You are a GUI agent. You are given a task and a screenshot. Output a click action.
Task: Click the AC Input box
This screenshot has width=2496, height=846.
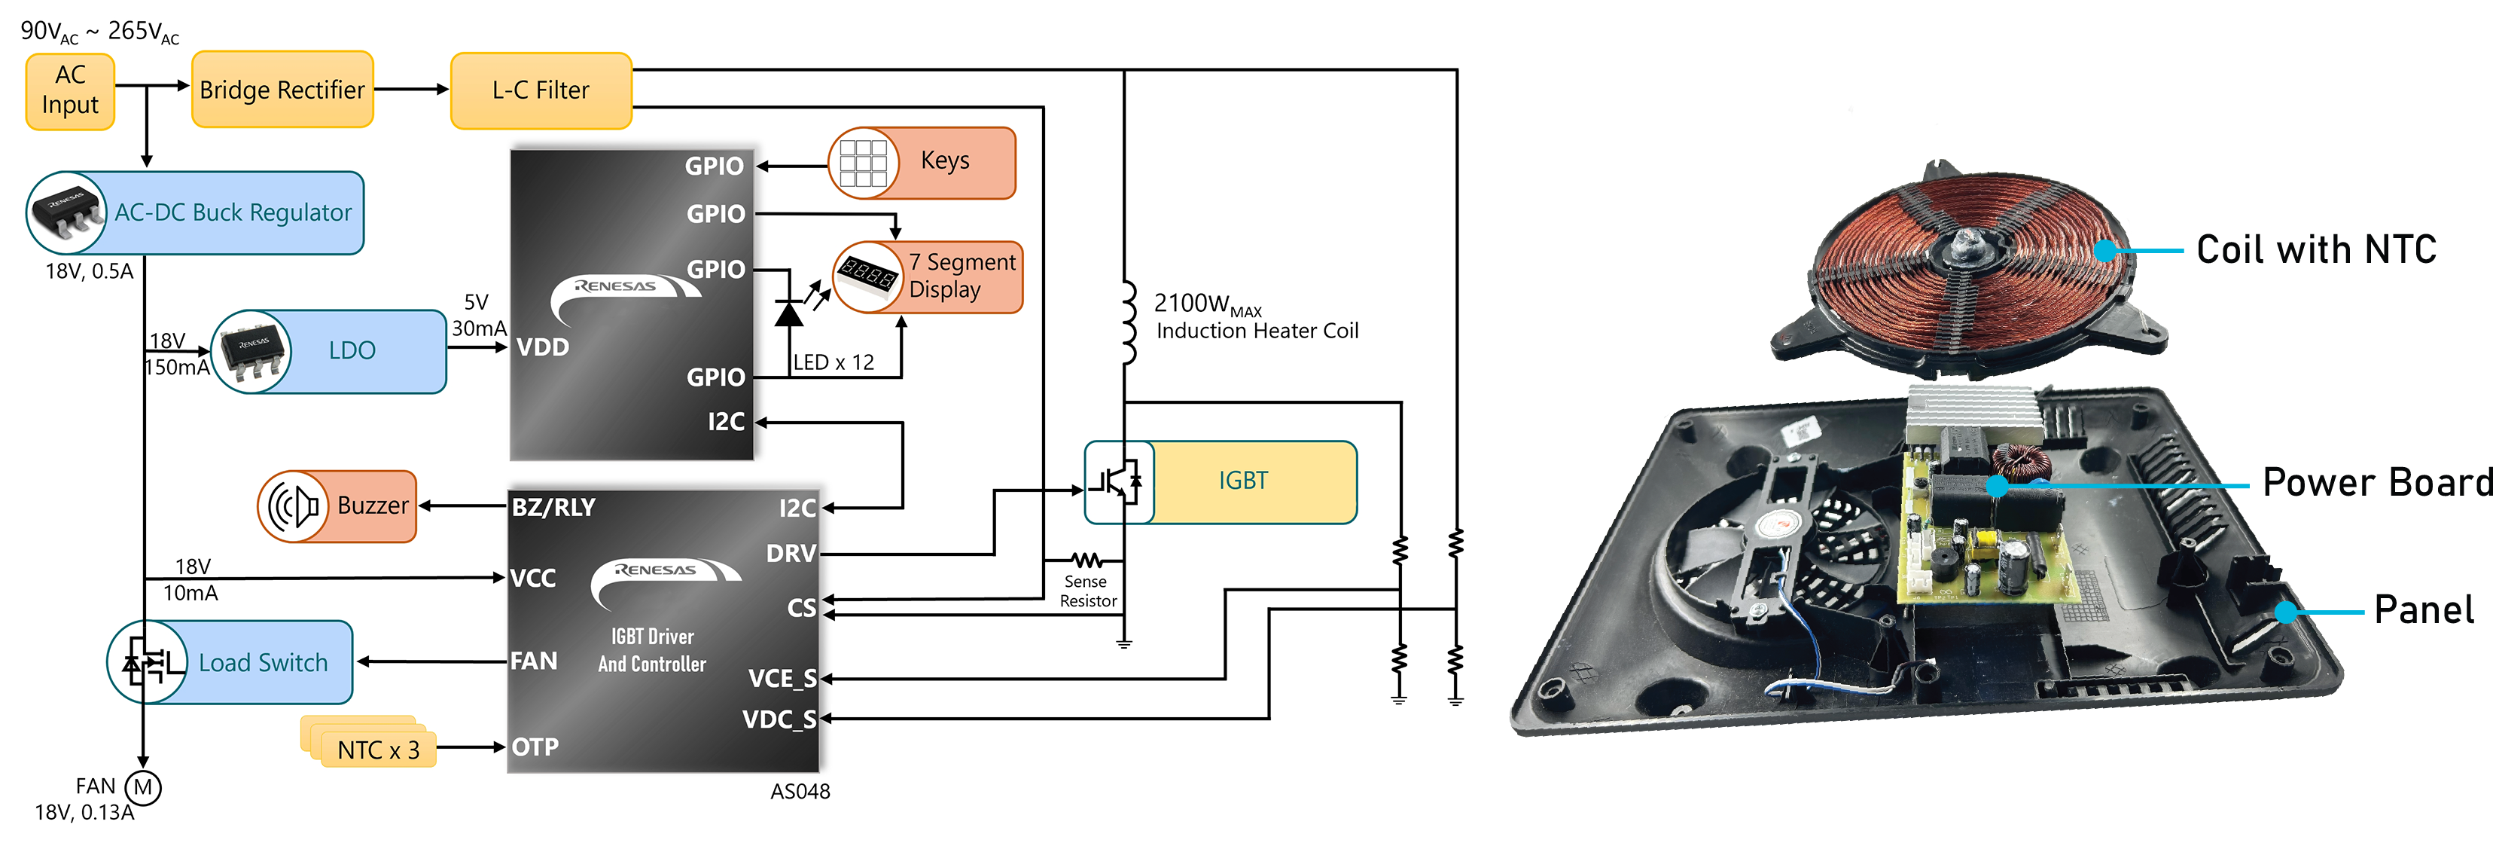coord(70,90)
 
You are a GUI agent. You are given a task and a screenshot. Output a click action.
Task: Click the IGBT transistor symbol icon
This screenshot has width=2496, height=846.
coord(1118,481)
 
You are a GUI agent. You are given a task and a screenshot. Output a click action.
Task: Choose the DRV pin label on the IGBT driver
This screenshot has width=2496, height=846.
coord(791,554)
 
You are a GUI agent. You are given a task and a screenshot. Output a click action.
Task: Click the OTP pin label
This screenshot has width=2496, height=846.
coord(535,747)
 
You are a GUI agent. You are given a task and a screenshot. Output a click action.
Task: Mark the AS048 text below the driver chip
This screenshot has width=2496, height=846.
coord(800,792)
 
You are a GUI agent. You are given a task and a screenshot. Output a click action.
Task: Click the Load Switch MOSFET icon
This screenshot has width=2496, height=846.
coord(146,663)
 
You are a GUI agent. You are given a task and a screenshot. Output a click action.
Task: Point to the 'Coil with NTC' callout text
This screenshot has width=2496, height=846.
coord(2316,250)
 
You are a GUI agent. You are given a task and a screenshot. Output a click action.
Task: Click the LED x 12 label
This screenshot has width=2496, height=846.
coord(834,362)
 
